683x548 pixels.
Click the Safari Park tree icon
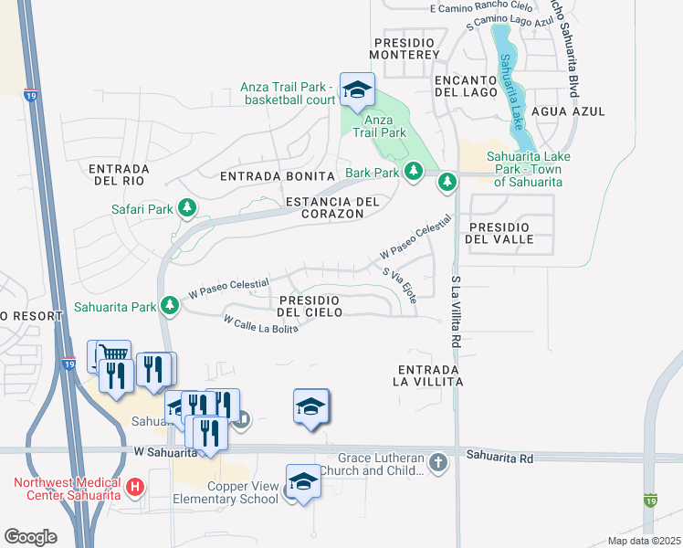pos(187,209)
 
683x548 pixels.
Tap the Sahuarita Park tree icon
pos(169,306)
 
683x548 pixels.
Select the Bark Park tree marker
pos(413,172)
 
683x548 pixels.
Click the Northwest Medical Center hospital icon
pos(135,488)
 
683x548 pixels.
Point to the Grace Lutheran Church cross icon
pos(438,463)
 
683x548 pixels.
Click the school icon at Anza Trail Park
pos(356,90)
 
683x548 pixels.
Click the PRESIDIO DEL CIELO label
pos(310,306)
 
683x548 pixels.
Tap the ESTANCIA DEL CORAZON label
pos(324,207)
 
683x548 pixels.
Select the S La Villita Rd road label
pos(454,311)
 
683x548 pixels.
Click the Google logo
pos(30,536)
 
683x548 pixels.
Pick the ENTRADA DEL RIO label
pos(119,174)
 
